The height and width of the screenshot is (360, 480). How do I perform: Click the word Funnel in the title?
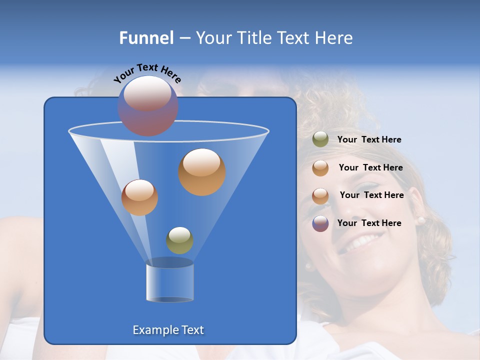pyautogui.click(x=146, y=38)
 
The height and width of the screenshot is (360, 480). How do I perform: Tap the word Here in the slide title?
pyautogui.click(x=334, y=38)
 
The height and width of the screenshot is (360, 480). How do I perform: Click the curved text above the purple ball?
pyautogui.click(x=147, y=73)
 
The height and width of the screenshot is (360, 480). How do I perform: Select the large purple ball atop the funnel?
pyautogui.click(x=147, y=105)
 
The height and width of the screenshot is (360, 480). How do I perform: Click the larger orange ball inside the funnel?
pyautogui.click(x=202, y=171)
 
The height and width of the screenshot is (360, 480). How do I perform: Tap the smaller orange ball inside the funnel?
pyautogui.click(x=139, y=197)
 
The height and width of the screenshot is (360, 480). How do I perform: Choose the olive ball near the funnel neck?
pyautogui.click(x=179, y=240)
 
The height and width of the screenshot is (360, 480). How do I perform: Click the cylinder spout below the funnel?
pyautogui.click(x=169, y=281)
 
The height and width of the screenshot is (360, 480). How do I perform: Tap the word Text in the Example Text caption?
pyautogui.click(x=192, y=330)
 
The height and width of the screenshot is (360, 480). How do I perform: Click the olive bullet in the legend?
pyautogui.click(x=320, y=139)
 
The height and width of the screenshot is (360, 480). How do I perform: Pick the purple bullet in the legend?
pyautogui.click(x=320, y=223)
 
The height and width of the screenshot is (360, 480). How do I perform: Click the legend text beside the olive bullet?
pyautogui.click(x=369, y=140)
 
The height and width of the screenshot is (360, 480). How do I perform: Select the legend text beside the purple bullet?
pyautogui.click(x=369, y=223)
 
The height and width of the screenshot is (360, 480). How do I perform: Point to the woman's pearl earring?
pyautogui.click(x=420, y=220)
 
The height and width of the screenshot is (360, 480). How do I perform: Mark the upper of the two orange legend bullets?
pyautogui.click(x=320, y=168)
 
